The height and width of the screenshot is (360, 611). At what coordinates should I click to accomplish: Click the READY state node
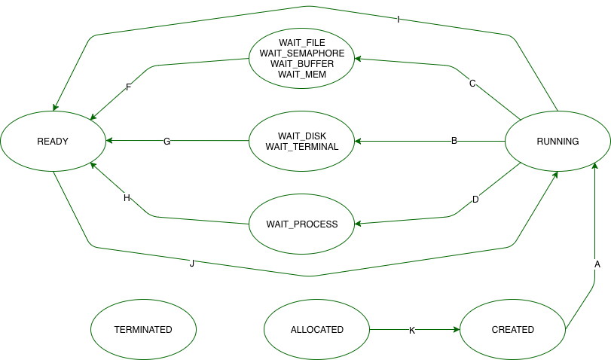coord(53,141)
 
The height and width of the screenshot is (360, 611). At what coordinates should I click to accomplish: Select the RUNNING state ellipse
coord(558,141)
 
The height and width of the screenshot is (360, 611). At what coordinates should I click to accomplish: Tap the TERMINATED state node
coord(143,330)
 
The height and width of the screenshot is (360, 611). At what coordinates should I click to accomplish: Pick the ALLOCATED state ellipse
coord(316,330)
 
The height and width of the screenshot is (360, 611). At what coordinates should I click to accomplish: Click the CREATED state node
coord(512,330)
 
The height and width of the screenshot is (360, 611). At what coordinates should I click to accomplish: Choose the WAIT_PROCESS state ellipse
coord(301,224)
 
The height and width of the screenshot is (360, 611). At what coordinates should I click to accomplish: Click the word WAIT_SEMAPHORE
coord(301,53)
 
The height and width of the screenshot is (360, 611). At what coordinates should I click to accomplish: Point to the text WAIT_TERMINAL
coord(301,146)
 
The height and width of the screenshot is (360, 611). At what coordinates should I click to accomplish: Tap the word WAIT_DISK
coord(301,136)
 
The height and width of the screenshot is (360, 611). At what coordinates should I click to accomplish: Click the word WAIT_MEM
coord(301,74)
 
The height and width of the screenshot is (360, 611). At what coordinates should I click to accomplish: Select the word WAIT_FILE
coord(301,44)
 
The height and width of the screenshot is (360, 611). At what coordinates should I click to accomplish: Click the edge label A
coord(597,264)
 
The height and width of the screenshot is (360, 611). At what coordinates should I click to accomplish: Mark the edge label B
coord(454,141)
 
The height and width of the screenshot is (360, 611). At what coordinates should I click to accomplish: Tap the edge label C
coord(472,84)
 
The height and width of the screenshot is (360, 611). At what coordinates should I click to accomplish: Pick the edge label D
coord(475,200)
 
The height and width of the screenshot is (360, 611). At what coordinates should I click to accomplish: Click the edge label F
coord(129,88)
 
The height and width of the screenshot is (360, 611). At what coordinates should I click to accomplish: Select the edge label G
coord(166,141)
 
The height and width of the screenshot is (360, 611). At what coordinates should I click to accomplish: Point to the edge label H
coord(127,198)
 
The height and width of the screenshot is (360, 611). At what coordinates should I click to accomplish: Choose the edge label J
coord(191,263)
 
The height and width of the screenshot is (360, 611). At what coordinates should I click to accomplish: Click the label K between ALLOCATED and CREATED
coord(412,330)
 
